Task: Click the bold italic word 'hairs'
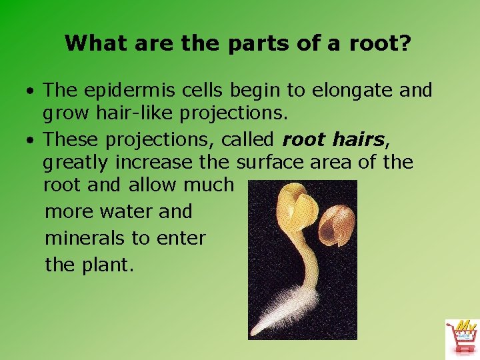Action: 358,139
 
